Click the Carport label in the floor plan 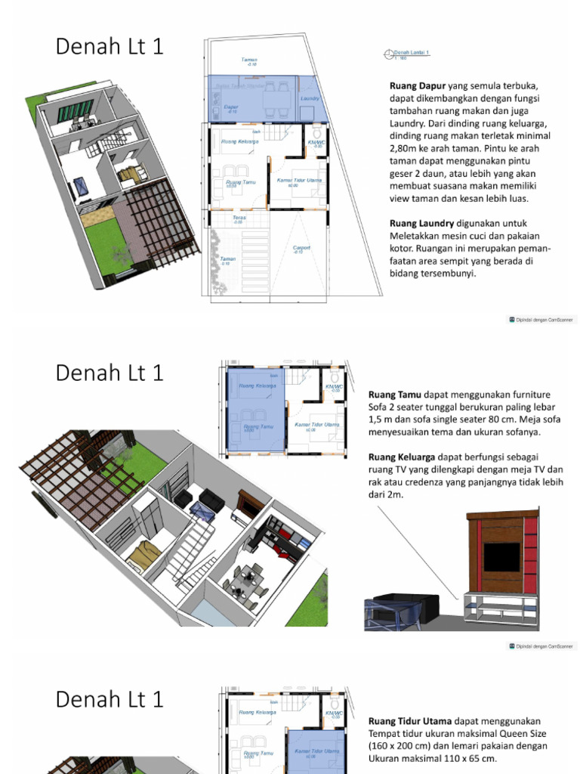pyautogui.click(x=301, y=248)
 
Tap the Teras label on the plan pyautogui.click(x=239, y=218)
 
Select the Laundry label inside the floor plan pyautogui.click(x=310, y=98)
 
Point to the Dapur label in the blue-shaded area pyautogui.click(x=232, y=107)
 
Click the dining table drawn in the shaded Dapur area pyautogui.click(x=275, y=95)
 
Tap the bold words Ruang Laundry pyautogui.click(x=421, y=223)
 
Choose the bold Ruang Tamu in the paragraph pyautogui.click(x=394, y=395)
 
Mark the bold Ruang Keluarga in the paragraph pyautogui.click(x=401, y=457)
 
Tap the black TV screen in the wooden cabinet pyautogui.click(x=501, y=557)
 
